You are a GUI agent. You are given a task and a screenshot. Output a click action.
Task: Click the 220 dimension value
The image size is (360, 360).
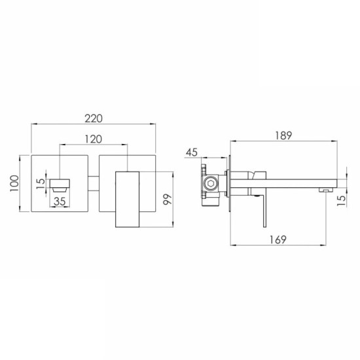(x=94, y=118)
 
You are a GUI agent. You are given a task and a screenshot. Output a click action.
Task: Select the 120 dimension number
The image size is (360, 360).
(x=94, y=139)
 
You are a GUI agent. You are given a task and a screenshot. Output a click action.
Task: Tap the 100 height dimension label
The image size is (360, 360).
(x=14, y=184)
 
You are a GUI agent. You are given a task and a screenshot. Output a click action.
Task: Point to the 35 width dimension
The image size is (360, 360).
(x=60, y=202)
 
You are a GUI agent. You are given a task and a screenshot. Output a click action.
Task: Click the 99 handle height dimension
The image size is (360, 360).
(x=168, y=199)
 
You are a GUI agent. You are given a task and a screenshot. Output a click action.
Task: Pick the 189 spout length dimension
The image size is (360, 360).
(x=283, y=135)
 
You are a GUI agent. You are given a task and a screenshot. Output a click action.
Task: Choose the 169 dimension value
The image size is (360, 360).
(x=278, y=240)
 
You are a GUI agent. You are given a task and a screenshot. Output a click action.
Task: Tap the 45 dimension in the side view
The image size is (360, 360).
(x=192, y=153)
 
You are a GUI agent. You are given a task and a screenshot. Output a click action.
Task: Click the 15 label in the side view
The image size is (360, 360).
(x=342, y=200)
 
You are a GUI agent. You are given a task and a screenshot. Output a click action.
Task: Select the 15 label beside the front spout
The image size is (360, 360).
(x=41, y=184)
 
